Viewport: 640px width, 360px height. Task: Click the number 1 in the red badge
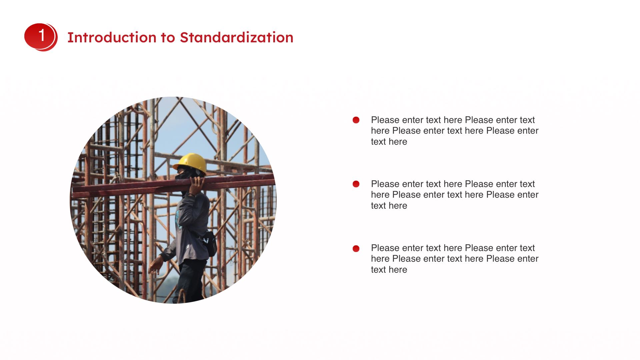42,35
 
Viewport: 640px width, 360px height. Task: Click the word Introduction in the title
112,37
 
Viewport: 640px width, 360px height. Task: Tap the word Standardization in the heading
237,37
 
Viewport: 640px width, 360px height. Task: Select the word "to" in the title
168,38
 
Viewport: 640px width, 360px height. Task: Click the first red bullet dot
356,120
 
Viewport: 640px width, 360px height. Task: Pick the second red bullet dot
356,184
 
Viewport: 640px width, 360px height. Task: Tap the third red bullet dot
356,248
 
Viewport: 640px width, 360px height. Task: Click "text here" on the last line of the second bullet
389,206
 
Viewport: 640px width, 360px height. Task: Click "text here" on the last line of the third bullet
389,270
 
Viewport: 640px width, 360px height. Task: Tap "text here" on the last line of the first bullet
389,142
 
